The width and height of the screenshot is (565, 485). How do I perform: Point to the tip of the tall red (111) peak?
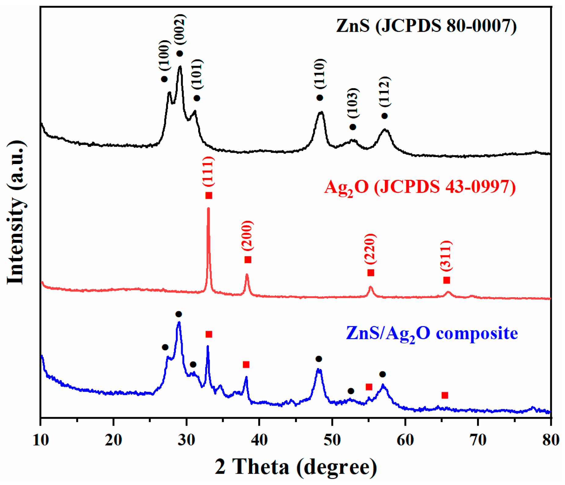pos(209,209)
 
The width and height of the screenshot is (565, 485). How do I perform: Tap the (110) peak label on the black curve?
pos(320,74)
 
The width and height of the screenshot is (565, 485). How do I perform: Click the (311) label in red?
pos(446,256)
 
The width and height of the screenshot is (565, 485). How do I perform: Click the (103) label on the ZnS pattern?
pos(353,103)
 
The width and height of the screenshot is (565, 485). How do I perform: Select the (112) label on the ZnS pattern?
pos(385,92)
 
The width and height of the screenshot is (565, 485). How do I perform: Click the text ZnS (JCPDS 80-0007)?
pos(426,26)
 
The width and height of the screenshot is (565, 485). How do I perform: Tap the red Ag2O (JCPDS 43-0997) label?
pos(420,187)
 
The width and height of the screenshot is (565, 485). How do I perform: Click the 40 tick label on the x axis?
pos(259,440)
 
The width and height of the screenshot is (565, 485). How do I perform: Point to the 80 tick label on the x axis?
pos(551,440)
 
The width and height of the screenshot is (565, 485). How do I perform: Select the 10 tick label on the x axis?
pos(41,440)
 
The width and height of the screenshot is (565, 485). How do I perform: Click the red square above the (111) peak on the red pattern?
pos(209,195)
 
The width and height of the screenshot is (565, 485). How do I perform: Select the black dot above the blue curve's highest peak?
pos(179,314)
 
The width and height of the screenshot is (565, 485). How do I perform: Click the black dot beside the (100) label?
pos(164,79)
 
